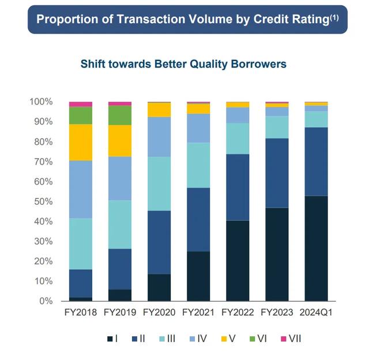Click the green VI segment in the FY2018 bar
pyautogui.click(x=81, y=115)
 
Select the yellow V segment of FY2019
pyautogui.click(x=120, y=141)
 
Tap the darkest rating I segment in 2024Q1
pyautogui.click(x=316, y=249)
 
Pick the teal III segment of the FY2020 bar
pyautogui.click(x=159, y=183)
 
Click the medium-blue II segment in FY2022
pyautogui.click(x=238, y=187)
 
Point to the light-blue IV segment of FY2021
pyautogui.click(x=198, y=128)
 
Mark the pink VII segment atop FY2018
pyautogui.click(x=81, y=104)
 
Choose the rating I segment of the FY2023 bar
pyautogui.click(x=277, y=254)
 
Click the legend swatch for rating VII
pyautogui.click(x=284, y=339)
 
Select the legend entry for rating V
pyautogui.click(x=228, y=339)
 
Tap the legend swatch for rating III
pyautogui.click(x=162, y=339)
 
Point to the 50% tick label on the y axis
pyautogui.click(x=44, y=202)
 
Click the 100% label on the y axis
pyautogui.click(x=41, y=102)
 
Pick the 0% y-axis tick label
pyautogui.click(x=46, y=301)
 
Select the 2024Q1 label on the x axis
pyautogui.click(x=316, y=313)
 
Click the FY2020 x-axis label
pyautogui.click(x=159, y=313)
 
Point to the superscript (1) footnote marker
pyautogui.click(x=334, y=17)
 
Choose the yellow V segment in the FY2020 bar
pyautogui.click(x=159, y=110)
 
